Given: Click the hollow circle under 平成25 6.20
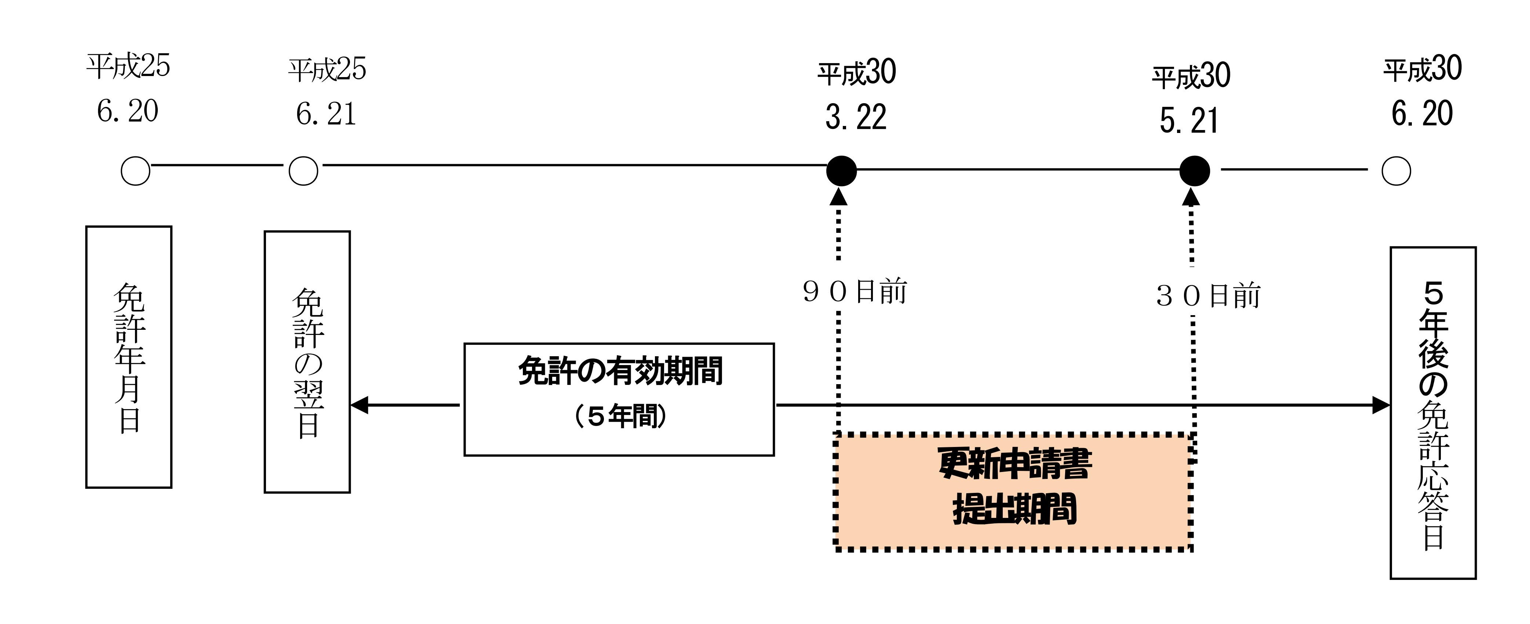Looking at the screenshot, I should tap(135, 171).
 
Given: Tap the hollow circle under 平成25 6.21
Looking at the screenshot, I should tap(303, 171).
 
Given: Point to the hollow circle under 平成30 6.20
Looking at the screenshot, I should tap(1396, 171).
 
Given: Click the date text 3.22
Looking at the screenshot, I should tap(856, 117).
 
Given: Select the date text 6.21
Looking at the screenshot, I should tap(326, 114).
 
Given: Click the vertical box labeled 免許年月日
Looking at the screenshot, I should tap(129, 357).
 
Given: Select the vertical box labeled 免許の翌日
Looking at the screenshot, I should tap(307, 362).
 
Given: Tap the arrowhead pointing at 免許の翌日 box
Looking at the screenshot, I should tap(359, 405).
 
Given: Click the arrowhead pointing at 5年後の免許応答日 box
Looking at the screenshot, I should tap(1381, 405).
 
